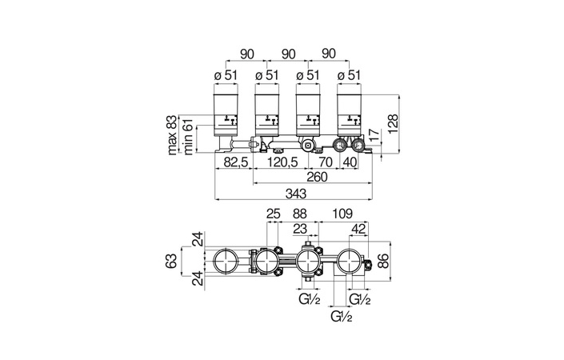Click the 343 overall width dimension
click(x=296, y=194)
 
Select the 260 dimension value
click(x=318, y=177)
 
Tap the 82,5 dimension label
click(x=236, y=162)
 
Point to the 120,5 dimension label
click(x=282, y=162)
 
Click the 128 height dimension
click(x=393, y=124)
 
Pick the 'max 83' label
click(x=172, y=135)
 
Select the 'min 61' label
click(x=188, y=137)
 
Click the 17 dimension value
click(x=374, y=135)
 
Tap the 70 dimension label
click(x=326, y=162)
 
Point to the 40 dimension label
click(x=350, y=162)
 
